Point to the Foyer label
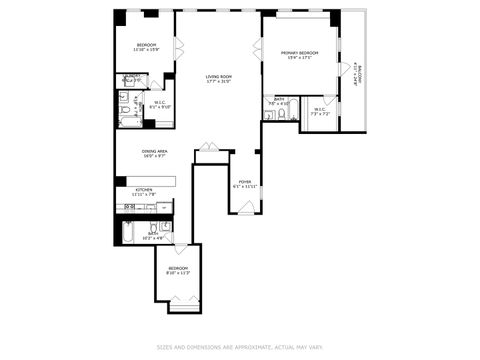pos(245,182)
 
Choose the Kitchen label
pos(144,190)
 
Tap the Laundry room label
pos(131,76)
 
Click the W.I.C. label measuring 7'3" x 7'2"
pos(320,111)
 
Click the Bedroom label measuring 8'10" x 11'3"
pos(177,268)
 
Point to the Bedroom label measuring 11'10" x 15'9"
pos(146,45)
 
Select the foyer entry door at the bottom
pos(246,207)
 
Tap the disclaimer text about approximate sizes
pos(240,347)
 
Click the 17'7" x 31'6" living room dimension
pos(218,81)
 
